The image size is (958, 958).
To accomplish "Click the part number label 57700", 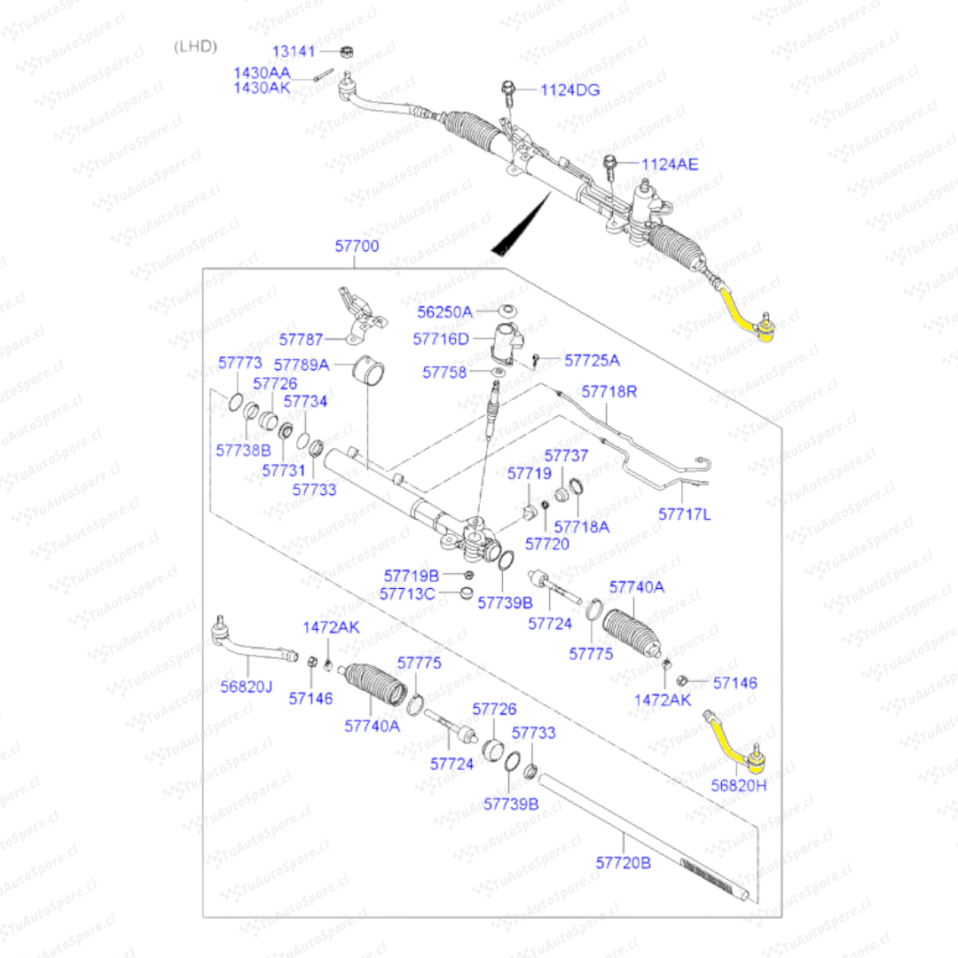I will [357, 247].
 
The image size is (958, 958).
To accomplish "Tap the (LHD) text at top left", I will [195, 46].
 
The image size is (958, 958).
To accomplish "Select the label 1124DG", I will [571, 90].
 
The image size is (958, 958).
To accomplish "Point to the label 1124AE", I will [670, 164].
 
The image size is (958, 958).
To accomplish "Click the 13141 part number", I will [293, 51].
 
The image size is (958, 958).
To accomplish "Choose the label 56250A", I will [445, 311].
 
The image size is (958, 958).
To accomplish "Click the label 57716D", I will [441, 339].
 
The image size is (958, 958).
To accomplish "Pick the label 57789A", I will [302, 365].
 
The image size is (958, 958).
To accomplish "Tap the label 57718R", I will [609, 391].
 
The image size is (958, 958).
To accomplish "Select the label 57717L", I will [685, 514].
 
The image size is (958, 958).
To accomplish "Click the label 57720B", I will [623, 861].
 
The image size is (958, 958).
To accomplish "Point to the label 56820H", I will [739, 786].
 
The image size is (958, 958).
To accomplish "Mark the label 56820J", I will [247, 686].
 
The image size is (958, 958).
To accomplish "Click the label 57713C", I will [407, 593].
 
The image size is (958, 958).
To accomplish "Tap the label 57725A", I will [593, 360].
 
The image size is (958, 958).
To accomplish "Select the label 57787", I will [301, 339].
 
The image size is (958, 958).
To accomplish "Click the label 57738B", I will [243, 450].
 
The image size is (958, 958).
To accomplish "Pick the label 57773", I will [240, 363].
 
